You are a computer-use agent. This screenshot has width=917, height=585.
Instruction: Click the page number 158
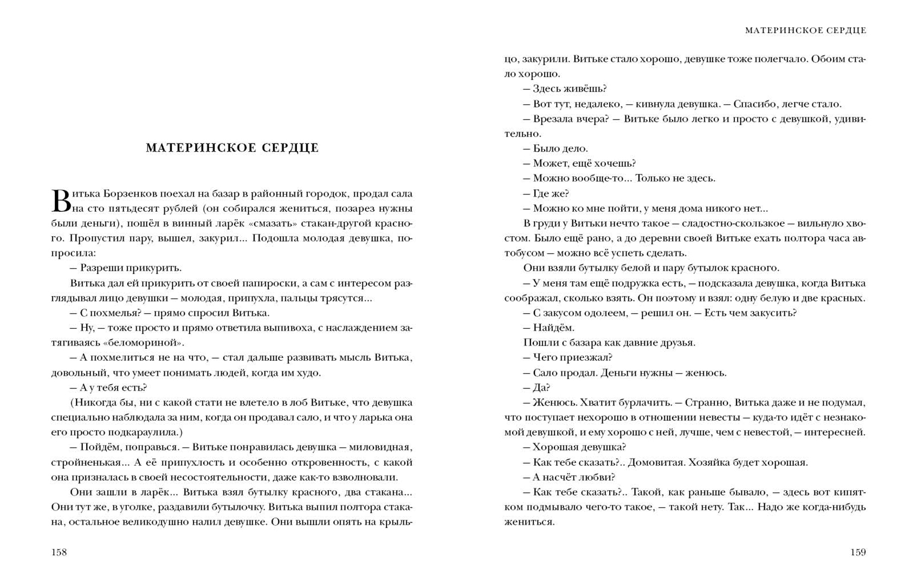point(59,552)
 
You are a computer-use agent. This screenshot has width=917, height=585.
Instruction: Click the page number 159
point(858,552)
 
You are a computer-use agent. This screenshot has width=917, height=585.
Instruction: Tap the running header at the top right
point(805,31)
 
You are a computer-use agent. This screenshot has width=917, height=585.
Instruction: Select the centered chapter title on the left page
point(232,148)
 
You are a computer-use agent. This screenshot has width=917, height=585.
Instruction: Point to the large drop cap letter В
point(61,201)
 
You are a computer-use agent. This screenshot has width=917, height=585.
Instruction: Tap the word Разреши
point(101,268)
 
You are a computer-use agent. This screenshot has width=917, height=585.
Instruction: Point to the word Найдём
point(553,328)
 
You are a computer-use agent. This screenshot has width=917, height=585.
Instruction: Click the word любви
point(599,477)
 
